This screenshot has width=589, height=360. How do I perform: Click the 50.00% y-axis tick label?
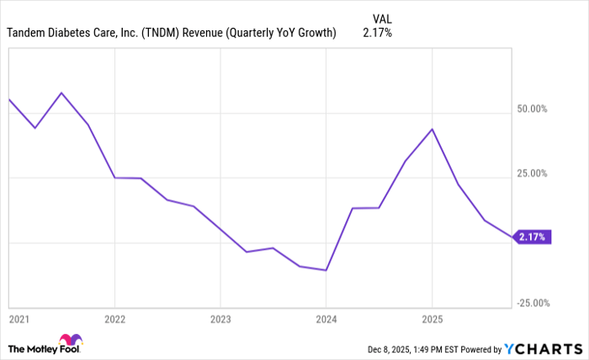[x=531, y=109]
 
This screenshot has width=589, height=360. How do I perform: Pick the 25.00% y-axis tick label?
[x=531, y=173]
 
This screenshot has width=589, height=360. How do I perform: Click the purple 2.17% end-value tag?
[x=531, y=237]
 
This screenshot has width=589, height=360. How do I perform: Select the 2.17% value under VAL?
[x=377, y=33]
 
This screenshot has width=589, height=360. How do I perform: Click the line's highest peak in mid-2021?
[x=61, y=93]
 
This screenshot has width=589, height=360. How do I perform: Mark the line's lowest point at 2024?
[x=326, y=270]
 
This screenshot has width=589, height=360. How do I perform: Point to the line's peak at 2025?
[x=432, y=129]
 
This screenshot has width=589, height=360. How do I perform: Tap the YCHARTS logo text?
[x=547, y=348]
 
